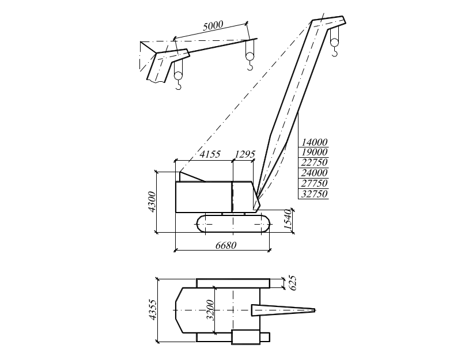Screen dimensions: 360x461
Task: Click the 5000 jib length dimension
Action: pyautogui.click(x=213, y=26)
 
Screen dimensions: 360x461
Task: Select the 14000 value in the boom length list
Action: pyautogui.click(x=315, y=142)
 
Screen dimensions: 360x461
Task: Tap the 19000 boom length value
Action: pyautogui.click(x=315, y=152)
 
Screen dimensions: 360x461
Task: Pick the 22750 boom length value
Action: pyautogui.click(x=315, y=162)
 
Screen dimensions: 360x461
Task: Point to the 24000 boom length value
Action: pyautogui.click(x=315, y=173)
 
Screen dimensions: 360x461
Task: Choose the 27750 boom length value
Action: pyautogui.click(x=315, y=183)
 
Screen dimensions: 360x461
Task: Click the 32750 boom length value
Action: pyautogui.click(x=315, y=194)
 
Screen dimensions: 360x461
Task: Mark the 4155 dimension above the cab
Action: pyautogui.click(x=210, y=154)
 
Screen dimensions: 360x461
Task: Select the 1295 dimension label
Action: pyautogui.click(x=245, y=154)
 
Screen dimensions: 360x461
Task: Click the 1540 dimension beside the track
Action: pyautogui.click(x=289, y=220)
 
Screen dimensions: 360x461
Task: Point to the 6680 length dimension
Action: pyautogui.click(x=226, y=245)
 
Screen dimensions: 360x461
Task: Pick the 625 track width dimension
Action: pyautogui.click(x=292, y=282)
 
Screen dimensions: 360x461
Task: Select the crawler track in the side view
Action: pyautogui.click(x=233, y=223)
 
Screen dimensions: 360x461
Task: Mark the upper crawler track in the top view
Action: pyautogui.click(x=233, y=283)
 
